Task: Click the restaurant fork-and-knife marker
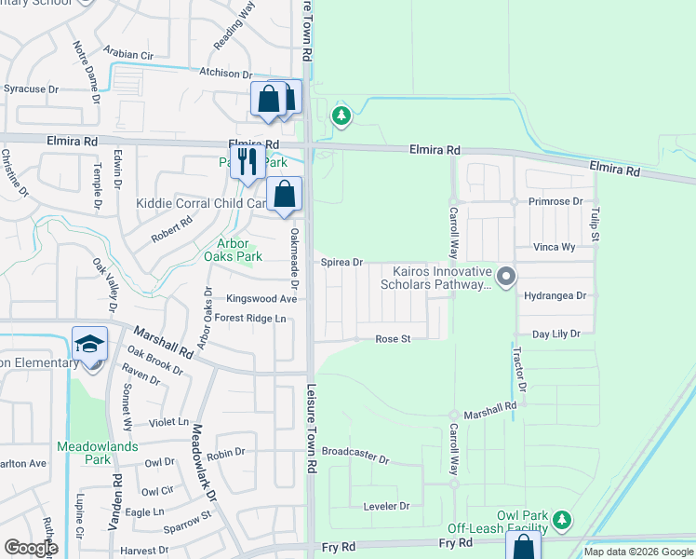(x=246, y=161)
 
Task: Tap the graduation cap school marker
(x=90, y=345)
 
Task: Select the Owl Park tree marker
(x=560, y=519)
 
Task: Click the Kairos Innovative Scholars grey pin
(x=506, y=276)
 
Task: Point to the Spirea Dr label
(x=341, y=264)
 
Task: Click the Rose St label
(x=393, y=340)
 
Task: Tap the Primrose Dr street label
(x=556, y=201)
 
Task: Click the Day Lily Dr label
(x=555, y=334)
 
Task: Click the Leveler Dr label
(x=385, y=506)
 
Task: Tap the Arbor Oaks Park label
(x=234, y=250)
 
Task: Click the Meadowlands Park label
(x=97, y=453)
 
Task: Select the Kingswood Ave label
(x=261, y=299)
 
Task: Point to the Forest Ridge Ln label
(x=249, y=319)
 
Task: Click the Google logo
(x=30, y=548)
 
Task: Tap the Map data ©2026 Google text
(x=638, y=552)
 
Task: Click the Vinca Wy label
(x=554, y=248)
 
